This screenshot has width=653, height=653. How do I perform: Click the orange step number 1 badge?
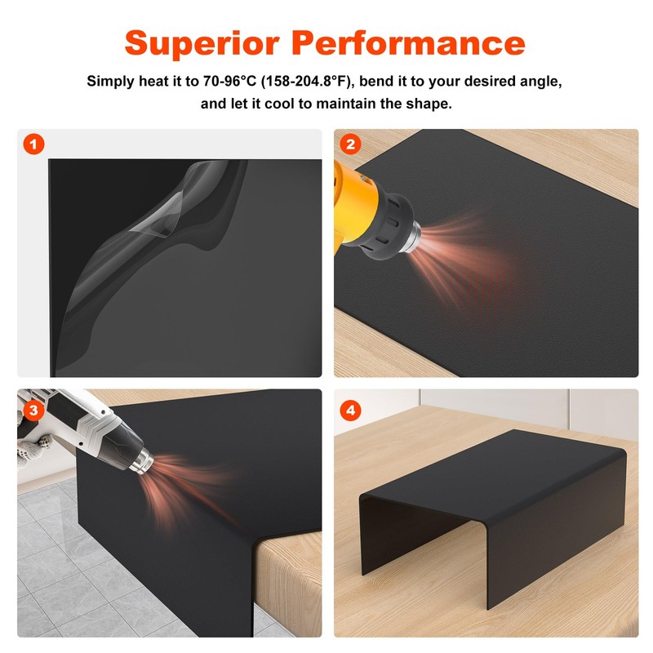click(x=33, y=145)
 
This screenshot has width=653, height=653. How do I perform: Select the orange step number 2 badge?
click(x=351, y=145)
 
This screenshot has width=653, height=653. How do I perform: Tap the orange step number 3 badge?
click(x=33, y=411)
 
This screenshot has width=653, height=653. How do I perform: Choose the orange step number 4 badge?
click(x=351, y=411)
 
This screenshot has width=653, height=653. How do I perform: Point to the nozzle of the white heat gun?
click(x=144, y=461)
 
